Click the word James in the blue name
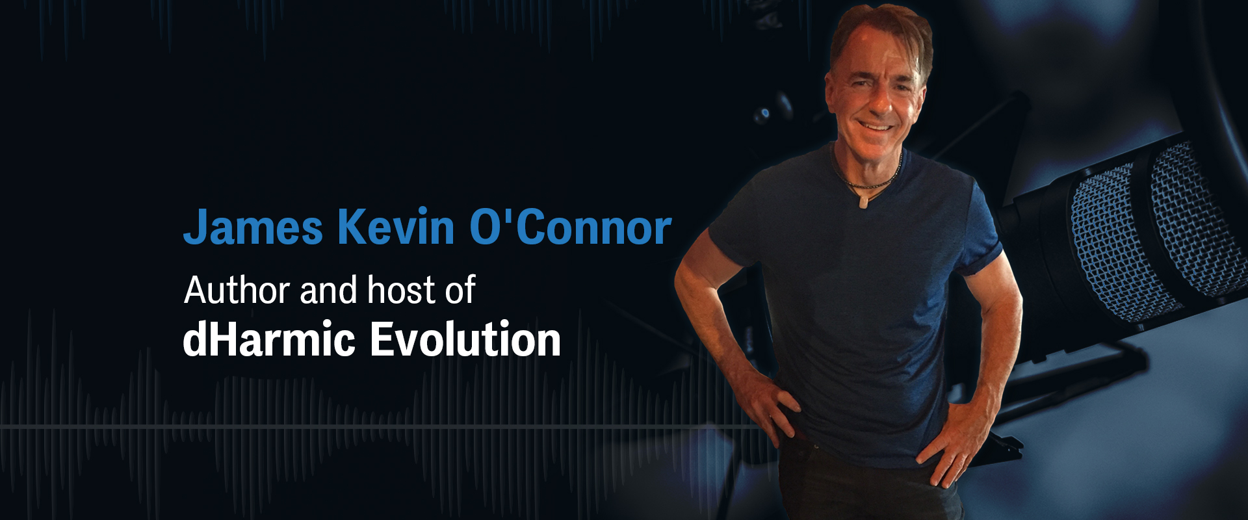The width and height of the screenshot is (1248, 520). point(253,227)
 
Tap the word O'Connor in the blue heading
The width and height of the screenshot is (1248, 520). point(571,227)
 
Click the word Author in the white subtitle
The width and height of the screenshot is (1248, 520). point(237,290)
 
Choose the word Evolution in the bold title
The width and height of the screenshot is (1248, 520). point(465,339)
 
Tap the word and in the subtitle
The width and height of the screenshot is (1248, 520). point(328,290)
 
